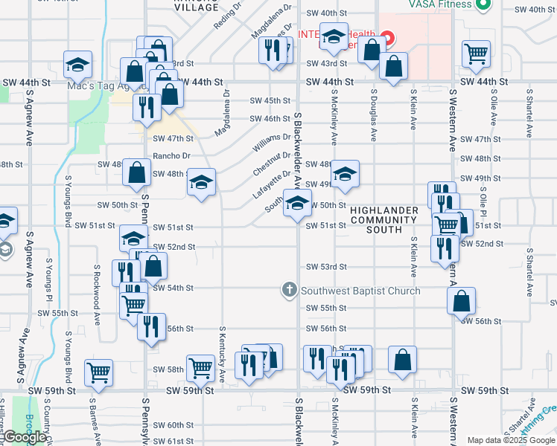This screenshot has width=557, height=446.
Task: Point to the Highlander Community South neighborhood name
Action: point(384,220)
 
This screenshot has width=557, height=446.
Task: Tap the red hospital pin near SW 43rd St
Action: point(387,36)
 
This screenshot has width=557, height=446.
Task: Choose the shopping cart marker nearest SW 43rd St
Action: point(475,54)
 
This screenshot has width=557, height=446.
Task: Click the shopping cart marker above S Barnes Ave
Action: point(98,373)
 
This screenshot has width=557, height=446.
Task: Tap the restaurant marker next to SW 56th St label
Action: point(151,327)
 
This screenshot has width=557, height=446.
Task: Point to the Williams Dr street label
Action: point(273,138)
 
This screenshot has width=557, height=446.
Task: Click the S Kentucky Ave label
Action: point(222,354)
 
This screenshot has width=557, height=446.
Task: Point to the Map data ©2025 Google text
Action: point(511,440)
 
